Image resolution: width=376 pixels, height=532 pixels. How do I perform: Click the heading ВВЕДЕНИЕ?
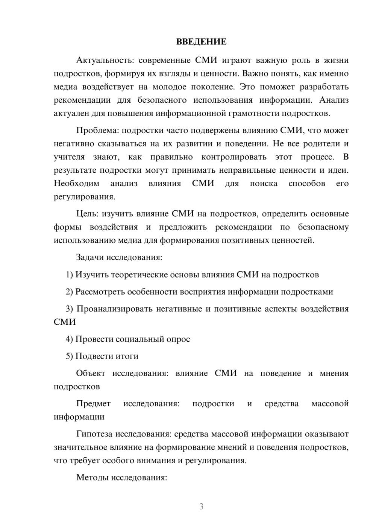[x=201, y=42]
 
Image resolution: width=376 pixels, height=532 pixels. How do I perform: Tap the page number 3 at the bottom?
[x=201, y=506]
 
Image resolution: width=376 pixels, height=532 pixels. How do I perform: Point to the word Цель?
[x=87, y=214]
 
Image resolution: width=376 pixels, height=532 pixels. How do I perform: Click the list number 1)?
[x=70, y=275]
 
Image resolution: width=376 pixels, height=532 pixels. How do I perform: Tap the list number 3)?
[x=70, y=309]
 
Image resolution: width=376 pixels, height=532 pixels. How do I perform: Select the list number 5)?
[x=70, y=356]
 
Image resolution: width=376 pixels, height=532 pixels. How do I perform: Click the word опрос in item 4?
[x=177, y=339]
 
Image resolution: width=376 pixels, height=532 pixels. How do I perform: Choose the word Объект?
[x=91, y=374]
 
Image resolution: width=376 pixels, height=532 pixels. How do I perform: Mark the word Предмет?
[x=93, y=404]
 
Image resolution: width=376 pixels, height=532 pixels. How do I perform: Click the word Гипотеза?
[x=94, y=434]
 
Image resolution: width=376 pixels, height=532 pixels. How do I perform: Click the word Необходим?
[x=77, y=184]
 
